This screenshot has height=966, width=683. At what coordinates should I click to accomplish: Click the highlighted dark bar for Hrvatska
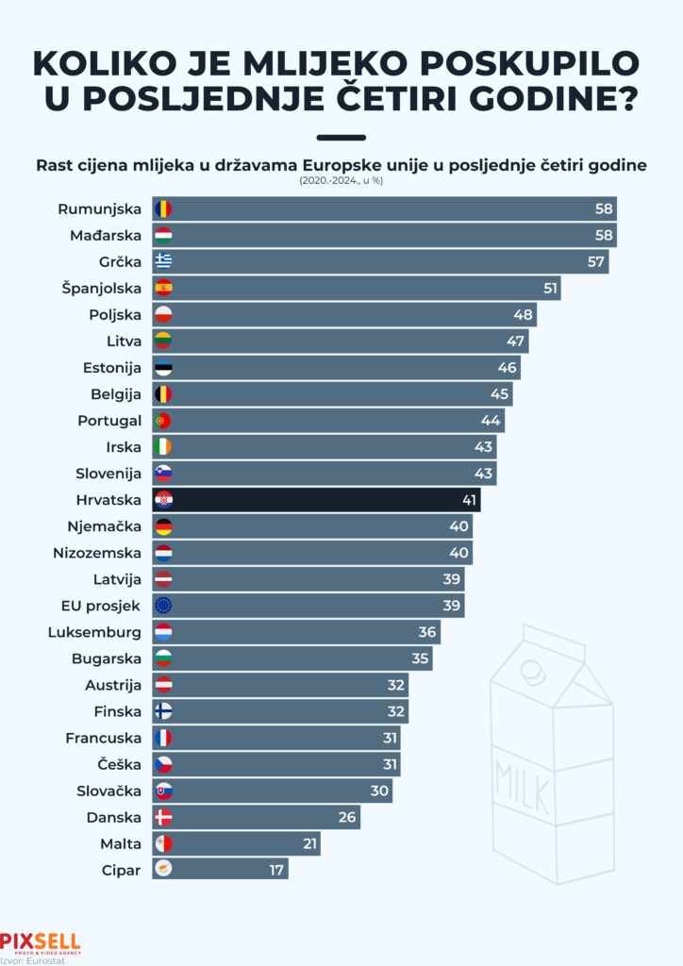[316, 500]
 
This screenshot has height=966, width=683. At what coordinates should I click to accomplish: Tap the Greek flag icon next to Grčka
[163, 261]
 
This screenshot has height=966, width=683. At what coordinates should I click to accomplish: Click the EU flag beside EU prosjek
[163, 606]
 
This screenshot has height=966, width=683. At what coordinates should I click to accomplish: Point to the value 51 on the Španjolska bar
[550, 288]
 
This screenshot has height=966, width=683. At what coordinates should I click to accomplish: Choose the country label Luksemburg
[94, 632]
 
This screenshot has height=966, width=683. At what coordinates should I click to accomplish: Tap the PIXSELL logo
[41, 942]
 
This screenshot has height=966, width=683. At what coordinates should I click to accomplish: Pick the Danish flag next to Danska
[163, 817]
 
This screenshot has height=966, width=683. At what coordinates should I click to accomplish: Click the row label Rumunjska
[99, 208]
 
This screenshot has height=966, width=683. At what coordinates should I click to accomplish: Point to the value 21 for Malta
[309, 843]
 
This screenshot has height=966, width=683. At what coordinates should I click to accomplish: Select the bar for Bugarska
[292, 658]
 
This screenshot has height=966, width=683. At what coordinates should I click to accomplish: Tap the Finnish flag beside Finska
[163, 711]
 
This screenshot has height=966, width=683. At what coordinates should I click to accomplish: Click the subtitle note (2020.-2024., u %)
[341, 179]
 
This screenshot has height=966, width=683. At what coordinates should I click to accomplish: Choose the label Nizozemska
[97, 553]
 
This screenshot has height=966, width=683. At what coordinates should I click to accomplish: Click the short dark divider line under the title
[341, 137]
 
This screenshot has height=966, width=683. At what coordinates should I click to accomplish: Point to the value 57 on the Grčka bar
[595, 261]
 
